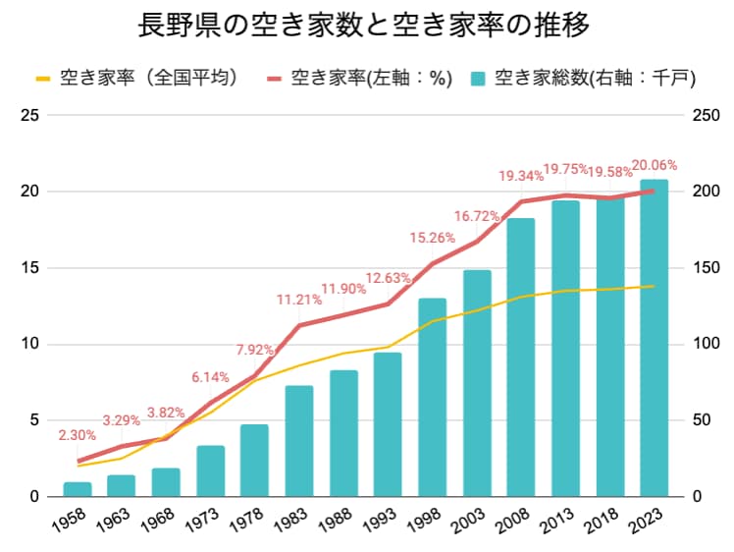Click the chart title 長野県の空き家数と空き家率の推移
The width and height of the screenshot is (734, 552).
pos(363,25)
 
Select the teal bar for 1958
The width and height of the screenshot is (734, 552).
pos(78,489)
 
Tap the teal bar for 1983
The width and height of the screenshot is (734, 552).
pos(299,441)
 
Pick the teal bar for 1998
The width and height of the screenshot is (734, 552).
pos(433,398)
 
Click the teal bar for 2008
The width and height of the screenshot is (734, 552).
pos(521,358)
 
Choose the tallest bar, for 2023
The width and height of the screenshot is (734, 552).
pos(655,338)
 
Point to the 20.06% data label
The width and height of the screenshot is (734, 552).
pos(654,165)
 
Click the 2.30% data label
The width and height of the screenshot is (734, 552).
pos(78,435)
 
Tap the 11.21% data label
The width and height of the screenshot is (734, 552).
pos(299,300)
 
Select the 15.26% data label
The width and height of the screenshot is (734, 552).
pos(433,238)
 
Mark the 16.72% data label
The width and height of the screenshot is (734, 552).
pos(477,216)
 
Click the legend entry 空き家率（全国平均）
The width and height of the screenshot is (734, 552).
pos(139,78)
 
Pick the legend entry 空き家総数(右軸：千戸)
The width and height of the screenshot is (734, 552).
pos(584,78)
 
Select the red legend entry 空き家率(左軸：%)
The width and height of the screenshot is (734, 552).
pos(359,78)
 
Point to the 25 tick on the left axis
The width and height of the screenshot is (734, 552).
pos(30,115)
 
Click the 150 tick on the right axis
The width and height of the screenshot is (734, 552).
pos(706,268)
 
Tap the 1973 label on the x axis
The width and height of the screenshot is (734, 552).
pos(201,521)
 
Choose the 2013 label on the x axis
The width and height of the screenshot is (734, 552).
pos(556,521)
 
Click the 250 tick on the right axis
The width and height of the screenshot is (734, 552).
pos(706,115)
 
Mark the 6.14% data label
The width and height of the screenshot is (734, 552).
pos(210,377)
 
